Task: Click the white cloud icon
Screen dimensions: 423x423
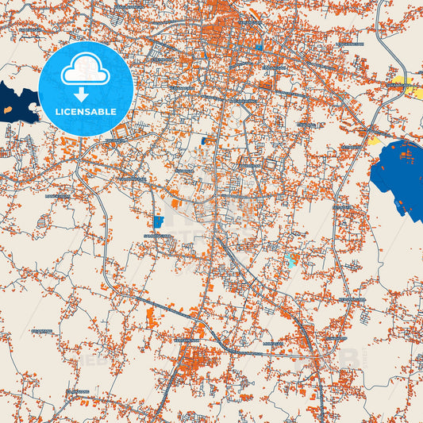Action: click(x=86, y=71)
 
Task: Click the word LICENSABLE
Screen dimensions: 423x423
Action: click(x=86, y=112)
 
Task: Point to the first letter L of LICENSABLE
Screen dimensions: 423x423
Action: click(x=56, y=112)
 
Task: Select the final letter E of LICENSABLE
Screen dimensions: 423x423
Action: click(x=114, y=112)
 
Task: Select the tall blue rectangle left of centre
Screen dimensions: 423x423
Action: click(x=157, y=221)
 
